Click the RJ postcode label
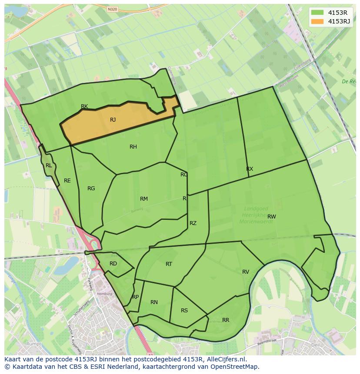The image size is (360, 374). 113,120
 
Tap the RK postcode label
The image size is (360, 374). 84,106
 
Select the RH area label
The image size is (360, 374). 133,147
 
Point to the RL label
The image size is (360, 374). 49,165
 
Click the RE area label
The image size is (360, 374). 67,181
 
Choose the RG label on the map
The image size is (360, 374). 91,189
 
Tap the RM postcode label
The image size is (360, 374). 144,199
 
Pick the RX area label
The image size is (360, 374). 250,169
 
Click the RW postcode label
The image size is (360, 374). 272,217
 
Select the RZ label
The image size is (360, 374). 193,223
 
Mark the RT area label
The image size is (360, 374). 169,264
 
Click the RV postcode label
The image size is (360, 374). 246,272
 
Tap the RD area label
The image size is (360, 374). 113,264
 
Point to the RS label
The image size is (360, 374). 184,311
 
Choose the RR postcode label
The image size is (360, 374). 226,320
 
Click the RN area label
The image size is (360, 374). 154,302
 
